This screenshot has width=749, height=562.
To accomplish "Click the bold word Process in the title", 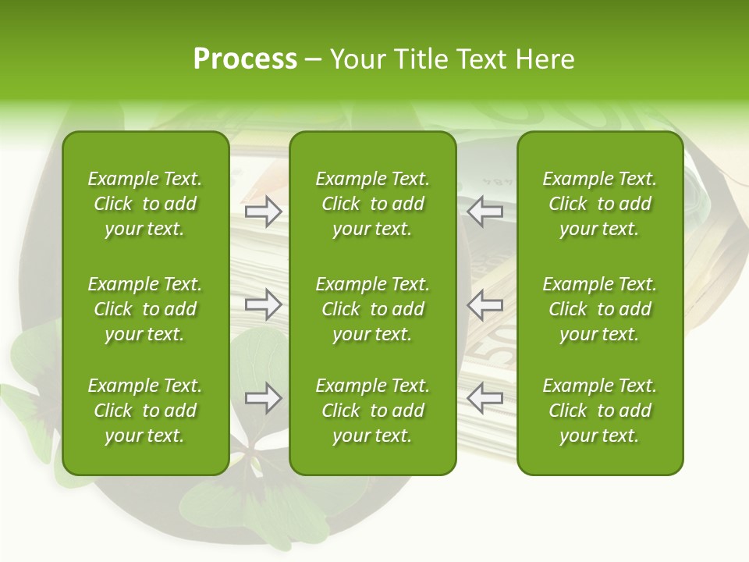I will [x=245, y=59].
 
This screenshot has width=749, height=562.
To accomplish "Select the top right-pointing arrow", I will [x=263, y=211].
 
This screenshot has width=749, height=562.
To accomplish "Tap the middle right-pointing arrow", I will [x=263, y=304].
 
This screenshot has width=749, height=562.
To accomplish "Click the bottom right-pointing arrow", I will [x=263, y=399].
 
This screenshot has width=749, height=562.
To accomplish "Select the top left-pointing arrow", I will [x=485, y=211].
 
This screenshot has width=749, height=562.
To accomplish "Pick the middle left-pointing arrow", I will [x=485, y=304].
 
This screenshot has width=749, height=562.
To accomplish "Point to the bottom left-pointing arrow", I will [x=485, y=399].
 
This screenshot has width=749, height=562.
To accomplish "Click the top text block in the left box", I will [x=145, y=204].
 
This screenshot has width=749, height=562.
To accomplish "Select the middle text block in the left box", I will [x=145, y=309].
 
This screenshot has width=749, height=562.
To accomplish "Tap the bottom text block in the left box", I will [x=145, y=411].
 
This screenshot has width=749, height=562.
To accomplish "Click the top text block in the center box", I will [x=372, y=204].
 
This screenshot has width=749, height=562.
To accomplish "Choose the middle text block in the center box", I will [x=372, y=309].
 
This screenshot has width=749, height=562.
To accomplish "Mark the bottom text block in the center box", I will [x=372, y=411].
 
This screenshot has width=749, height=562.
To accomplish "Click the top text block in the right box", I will [x=599, y=204].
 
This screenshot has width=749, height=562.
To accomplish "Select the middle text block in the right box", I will [x=599, y=309].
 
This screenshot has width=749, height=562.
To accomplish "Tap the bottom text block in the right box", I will [x=599, y=411].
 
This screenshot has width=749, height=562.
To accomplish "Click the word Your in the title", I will [x=358, y=59].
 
